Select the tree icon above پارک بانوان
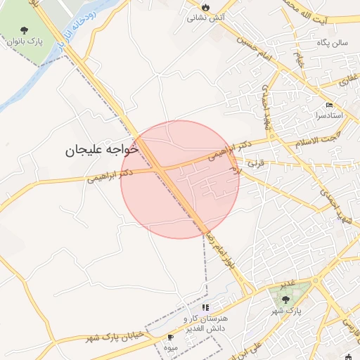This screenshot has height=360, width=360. tap(25, 30)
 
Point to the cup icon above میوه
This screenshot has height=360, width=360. tap(171, 337)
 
